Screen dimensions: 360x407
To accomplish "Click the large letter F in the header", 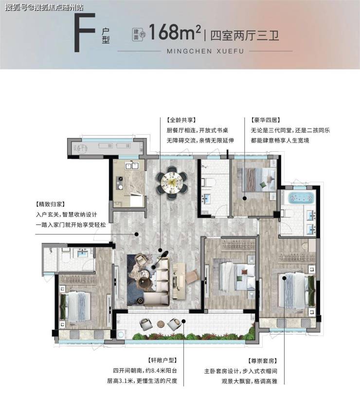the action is (x=85, y=33).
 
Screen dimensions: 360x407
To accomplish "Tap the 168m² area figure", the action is (x=175, y=32).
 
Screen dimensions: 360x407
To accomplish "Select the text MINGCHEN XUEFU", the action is (x=205, y=51).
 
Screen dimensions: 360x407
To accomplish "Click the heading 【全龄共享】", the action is (x=181, y=120).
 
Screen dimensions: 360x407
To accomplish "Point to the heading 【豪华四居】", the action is (x=266, y=120).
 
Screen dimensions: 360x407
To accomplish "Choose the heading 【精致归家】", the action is (x=51, y=204).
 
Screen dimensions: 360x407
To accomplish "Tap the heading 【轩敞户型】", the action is (x=162, y=360).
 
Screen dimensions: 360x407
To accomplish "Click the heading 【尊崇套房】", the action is (x=262, y=361).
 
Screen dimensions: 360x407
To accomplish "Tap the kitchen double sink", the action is (x=131, y=165).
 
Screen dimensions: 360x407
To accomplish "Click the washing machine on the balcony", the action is (x=121, y=335).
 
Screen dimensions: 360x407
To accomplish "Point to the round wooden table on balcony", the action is (x=161, y=324).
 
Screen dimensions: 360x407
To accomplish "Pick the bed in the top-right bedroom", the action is (x=259, y=179).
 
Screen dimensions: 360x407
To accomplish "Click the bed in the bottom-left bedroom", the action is (x=75, y=306).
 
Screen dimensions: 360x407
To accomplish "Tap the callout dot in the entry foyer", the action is (x=136, y=234).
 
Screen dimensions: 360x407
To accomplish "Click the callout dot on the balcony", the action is (x=183, y=321).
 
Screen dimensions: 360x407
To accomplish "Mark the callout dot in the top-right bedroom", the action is (x=245, y=198).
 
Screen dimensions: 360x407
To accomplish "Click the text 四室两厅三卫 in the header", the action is (x=244, y=35).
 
